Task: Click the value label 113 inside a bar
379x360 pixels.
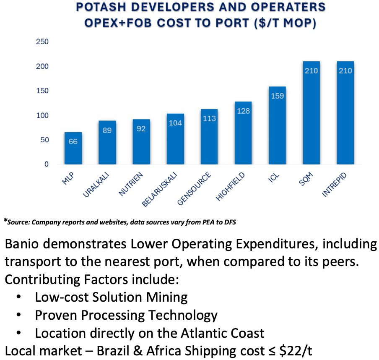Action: [x=209, y=118]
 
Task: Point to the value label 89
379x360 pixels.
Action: [x=107, y=130]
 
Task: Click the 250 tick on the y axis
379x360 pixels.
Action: [x=43, y=42]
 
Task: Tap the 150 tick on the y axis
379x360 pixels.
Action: [x=43, y=91]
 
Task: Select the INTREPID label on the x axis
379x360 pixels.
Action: [x=336, y=185]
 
